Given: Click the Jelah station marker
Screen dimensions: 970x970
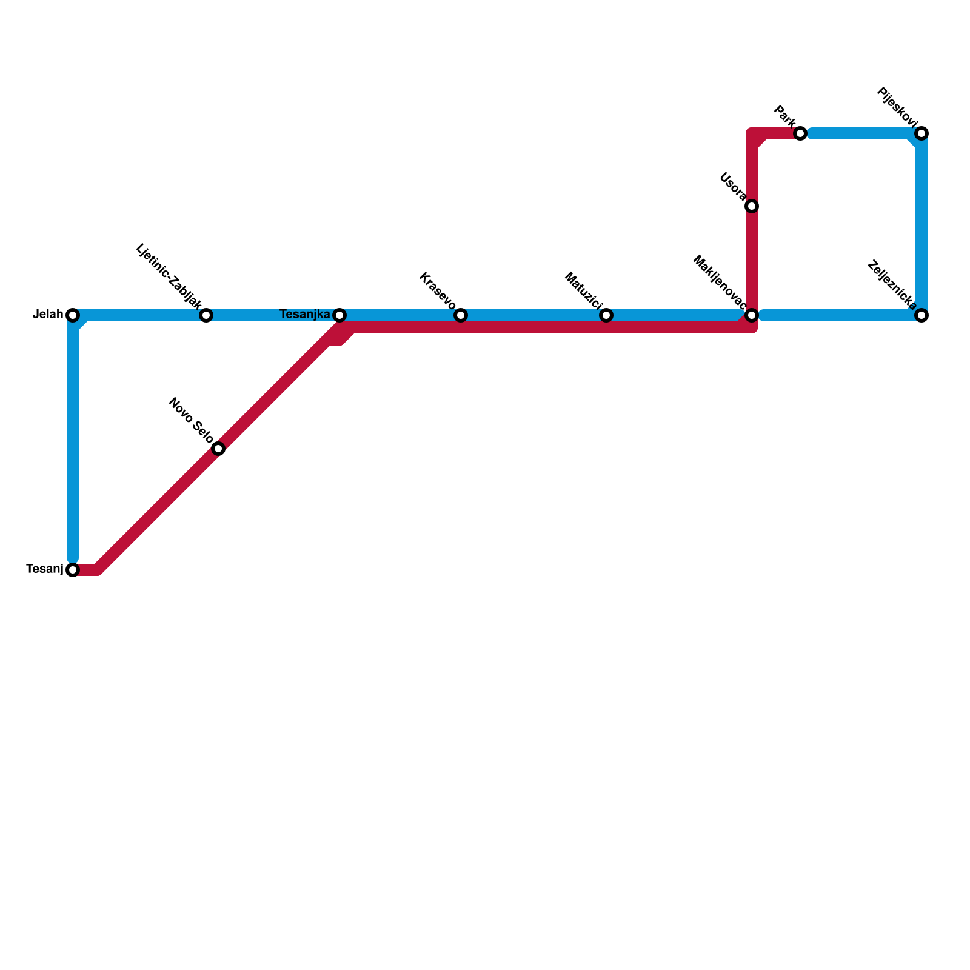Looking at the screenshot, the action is [73, 315].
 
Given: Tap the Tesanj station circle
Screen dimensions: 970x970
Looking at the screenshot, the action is [73, 570].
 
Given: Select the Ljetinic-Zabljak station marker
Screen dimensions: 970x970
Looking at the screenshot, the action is [206, 315].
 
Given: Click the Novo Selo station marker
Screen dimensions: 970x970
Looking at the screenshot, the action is [218, 449].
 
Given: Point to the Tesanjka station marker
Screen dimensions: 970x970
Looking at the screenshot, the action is [339, 315].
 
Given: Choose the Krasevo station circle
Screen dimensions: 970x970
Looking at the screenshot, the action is [461, 315].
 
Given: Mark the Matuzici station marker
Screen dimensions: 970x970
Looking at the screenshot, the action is [606, 315].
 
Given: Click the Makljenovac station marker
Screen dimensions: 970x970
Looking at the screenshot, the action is [752, 315].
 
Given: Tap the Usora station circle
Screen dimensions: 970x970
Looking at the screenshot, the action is [752, 206].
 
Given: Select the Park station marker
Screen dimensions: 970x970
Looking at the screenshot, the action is [800, 133].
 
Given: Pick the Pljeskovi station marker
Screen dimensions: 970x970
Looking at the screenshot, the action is [921, 133].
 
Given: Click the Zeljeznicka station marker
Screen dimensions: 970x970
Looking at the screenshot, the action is [921, 315].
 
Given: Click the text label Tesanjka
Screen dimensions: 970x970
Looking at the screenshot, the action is [304, 315].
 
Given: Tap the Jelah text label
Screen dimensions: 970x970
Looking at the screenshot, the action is [48, 315].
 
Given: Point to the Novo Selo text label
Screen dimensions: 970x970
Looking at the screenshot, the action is [191, 420].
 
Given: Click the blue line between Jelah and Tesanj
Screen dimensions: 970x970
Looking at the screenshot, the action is [73, 443].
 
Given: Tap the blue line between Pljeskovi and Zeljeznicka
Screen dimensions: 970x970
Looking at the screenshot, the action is [921, 224].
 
